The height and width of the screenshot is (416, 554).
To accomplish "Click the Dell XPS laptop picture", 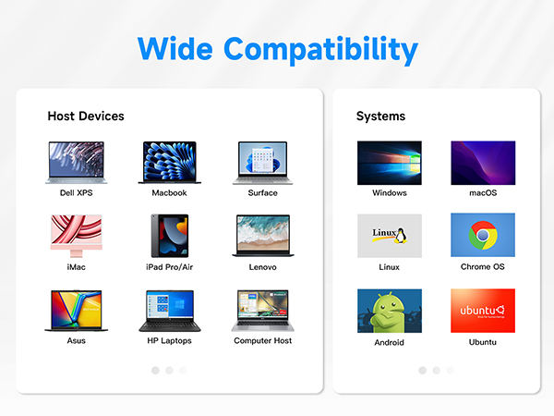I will (x=76, y=163).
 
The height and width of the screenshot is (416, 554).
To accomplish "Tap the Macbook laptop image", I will (x=169, y=163).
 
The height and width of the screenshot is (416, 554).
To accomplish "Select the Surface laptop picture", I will (x=262, y=163).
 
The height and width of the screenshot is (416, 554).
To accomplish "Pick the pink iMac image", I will (x=76, y=236).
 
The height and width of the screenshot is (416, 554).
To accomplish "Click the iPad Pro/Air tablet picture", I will (x=169, y=236).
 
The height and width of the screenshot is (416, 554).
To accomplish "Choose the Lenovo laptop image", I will (x=262, y=236).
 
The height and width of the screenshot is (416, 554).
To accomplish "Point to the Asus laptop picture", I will (x=76, y=311).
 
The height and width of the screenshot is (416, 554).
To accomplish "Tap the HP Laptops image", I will (x=169, y=311).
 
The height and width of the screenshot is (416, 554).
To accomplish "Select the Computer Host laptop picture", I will (x=262, y=311).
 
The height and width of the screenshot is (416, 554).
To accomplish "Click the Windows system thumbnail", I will (x=390, y=163).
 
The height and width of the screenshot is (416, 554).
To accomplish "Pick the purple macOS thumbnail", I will (x=483, y=163).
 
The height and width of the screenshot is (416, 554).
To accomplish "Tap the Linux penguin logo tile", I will (x=390, y=236).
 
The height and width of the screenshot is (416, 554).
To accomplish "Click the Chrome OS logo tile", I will (x=483, y=236).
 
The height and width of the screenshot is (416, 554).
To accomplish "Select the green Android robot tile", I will (x=390, y=311).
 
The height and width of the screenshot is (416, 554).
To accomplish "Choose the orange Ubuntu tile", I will (x=483, y=311).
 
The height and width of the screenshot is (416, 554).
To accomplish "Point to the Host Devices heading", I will (x=86, y=116).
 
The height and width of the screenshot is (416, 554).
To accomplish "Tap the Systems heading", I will (x=380, y=116).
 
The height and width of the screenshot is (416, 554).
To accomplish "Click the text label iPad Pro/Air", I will (x=169, y=267).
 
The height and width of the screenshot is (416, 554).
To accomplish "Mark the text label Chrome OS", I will (x=483, y=267).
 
